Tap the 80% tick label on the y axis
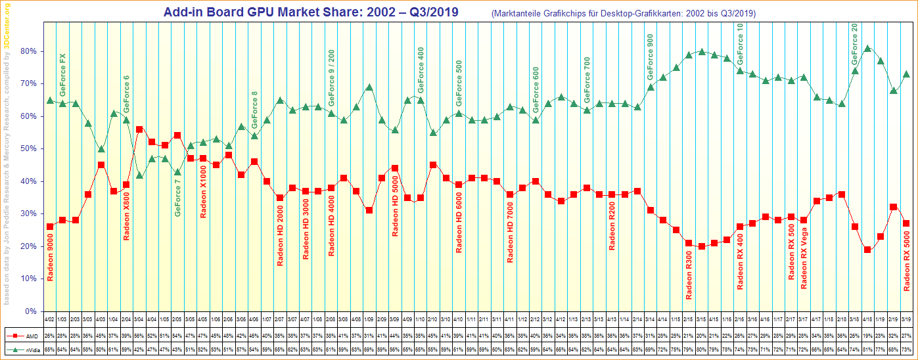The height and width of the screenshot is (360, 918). pos(28,51)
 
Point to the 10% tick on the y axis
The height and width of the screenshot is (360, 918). pos(28,279)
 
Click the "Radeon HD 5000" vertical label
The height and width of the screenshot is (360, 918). pos(395,206)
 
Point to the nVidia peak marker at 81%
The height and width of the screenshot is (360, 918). pos(867,48)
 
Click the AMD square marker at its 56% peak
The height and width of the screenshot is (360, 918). pos(139,129)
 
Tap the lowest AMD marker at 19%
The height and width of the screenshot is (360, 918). pos(867,250)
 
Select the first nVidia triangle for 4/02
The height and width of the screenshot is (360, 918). pos(50,101)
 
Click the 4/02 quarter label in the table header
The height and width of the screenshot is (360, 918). pos(50,320)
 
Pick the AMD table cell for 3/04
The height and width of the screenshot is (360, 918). pos(139,335)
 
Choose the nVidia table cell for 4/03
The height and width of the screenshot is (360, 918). pos(101,350)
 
